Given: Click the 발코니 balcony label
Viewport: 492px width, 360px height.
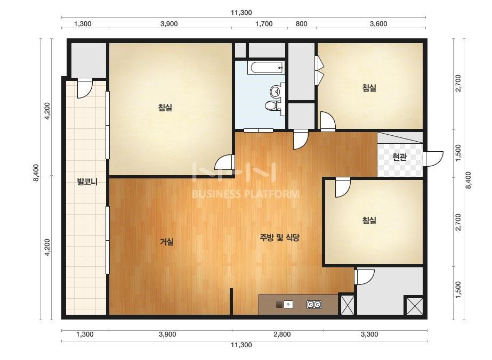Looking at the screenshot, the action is [87, 182].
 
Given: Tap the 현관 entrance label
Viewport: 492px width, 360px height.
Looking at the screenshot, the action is [399, 157].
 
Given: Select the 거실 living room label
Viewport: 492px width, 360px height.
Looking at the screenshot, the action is [167, 242].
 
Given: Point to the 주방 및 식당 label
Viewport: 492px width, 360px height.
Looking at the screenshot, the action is [279, 238].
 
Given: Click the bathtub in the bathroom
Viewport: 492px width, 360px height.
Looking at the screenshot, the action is [266, 68].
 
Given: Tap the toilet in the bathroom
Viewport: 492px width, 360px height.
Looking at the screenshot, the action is [272, 105].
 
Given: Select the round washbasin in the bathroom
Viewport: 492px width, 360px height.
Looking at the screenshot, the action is [276, 91].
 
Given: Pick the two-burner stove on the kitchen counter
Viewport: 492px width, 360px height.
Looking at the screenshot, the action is [314, 304].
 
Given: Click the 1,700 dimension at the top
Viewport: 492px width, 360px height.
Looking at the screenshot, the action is [264, 24].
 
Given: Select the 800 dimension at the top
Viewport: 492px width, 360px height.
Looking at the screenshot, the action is [302, 24].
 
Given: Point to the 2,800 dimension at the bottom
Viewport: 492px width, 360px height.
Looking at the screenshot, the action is [282, 334].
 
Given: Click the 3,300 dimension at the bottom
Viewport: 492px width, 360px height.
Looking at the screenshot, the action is [369, 334].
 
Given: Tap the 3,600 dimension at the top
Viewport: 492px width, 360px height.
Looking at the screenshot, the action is [378, 24].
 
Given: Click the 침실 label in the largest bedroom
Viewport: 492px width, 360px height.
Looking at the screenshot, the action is [165, 108].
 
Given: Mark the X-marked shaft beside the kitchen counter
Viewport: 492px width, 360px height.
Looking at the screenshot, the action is [348, 304].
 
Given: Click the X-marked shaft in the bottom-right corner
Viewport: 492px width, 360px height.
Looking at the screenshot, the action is [414, 306].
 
